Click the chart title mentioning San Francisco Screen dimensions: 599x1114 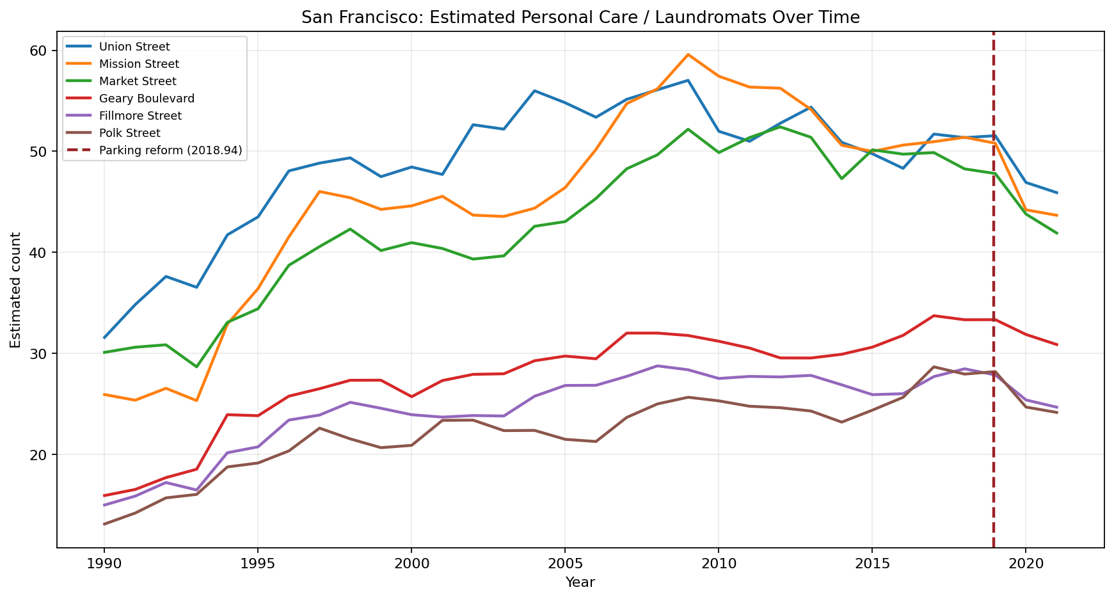pyautogui.click(x=580, y=18)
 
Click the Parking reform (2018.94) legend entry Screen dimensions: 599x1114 pyautogui.click(x=170, y=150)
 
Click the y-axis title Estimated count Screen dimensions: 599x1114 pyautogui.click(x=15, y=290)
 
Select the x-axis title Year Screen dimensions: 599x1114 pyautogui.click(x=580, y=582)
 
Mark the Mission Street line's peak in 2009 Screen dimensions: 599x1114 pyautogui.click(x=688, y=54)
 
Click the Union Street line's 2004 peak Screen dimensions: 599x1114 pyautogui.click(x=534, y=91)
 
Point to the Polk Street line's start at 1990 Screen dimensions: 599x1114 pyautogui.click(x=104, y=524)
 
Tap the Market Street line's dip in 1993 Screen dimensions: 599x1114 pyautogui.click(x=196, y=367)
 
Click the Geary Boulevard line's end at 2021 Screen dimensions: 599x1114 pyautogui.click(x=1056, y=344)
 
